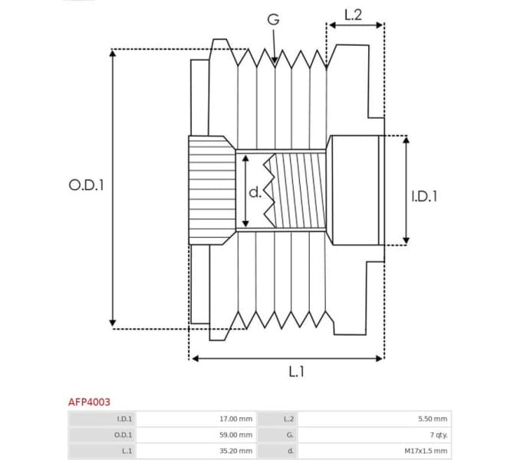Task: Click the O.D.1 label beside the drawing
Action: (85, 186)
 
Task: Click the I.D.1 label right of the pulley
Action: (423, 196)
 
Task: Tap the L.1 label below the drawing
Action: (298, 371)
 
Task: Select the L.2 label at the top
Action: (354, 14)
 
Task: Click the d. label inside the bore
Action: (255, 192)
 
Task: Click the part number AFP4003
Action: (89, 401)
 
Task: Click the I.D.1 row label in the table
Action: (124, 419)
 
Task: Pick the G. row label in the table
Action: (288, 435)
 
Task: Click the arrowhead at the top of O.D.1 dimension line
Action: (113, 54)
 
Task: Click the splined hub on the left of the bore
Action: (212, 190)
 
